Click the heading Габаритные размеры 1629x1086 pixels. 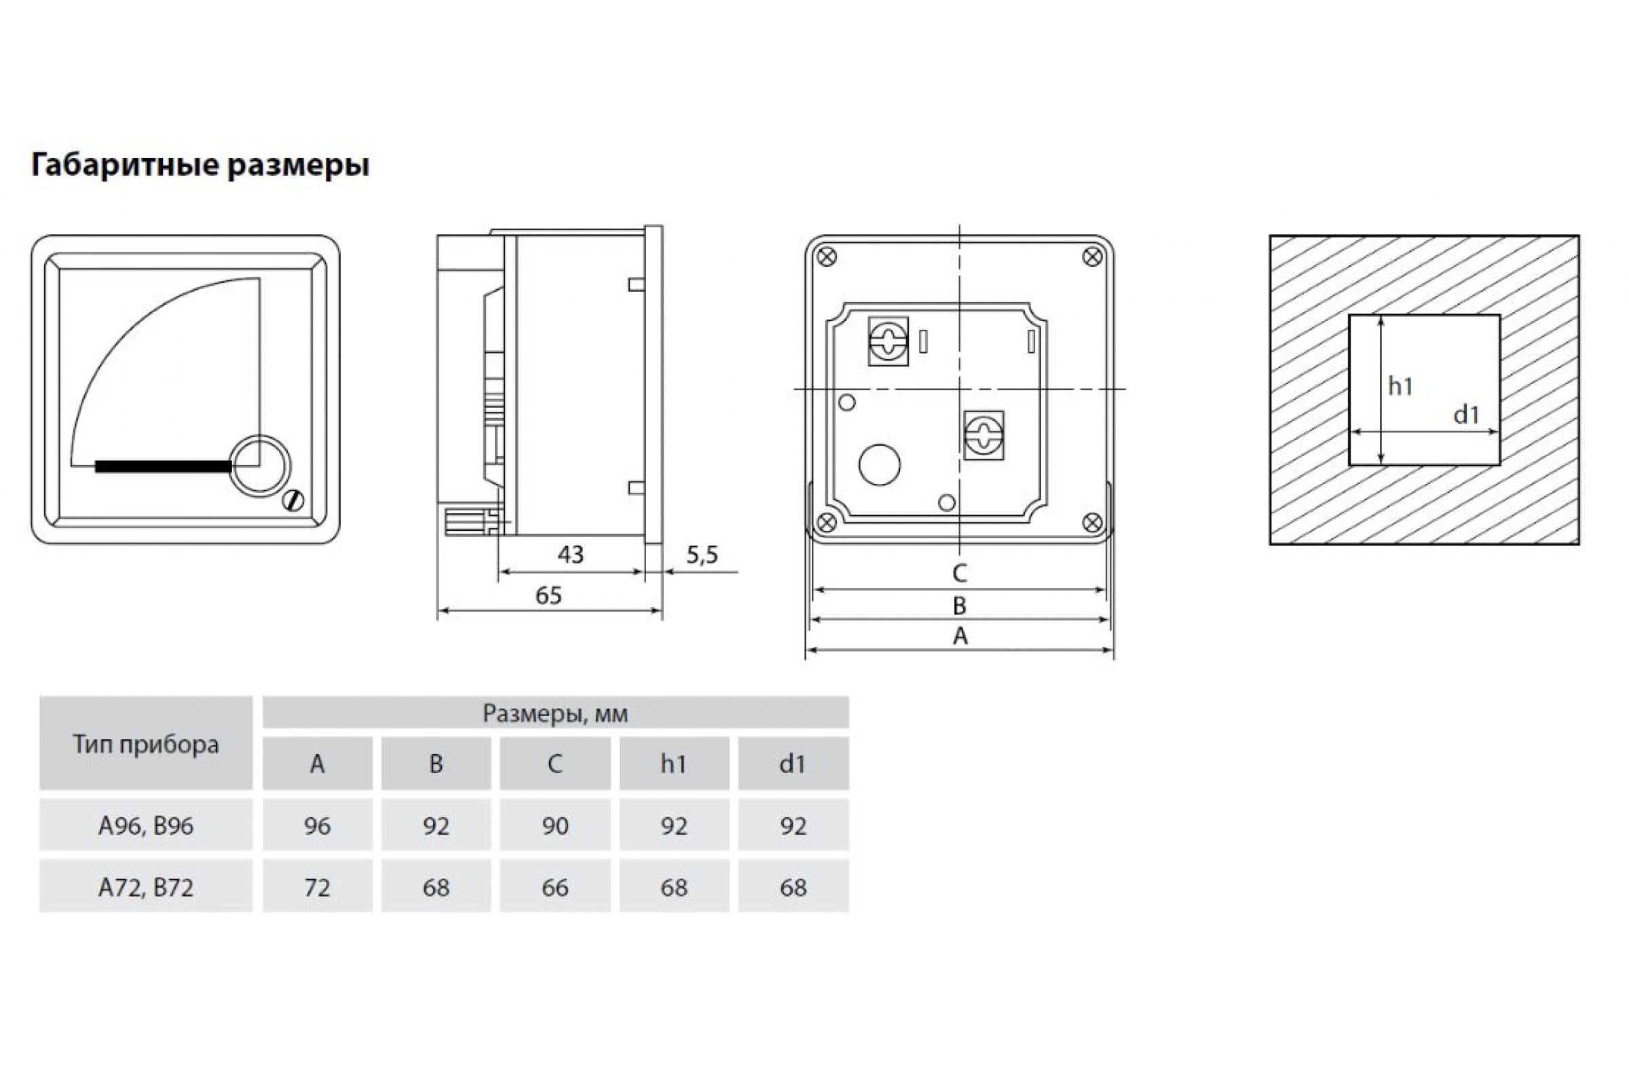[x=200, y=165]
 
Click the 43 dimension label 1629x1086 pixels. [x=571, y=554]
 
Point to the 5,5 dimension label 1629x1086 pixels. [x=703, y=554]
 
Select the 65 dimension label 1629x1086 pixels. [x=548, y=595]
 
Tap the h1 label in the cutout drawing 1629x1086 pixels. [x=1400, y=386]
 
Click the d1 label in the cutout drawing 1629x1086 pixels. [x=1466, y=414]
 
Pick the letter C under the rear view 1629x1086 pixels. [x=959, y=573]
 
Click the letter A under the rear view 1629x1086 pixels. [x=960, y=635]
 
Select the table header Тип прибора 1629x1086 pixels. [x=146, y=745]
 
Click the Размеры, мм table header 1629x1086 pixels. [x=555, y=713]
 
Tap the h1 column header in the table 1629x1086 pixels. [x=674, y=763]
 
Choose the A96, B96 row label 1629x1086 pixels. [x=146, y=825]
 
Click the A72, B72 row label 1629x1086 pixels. [x=146, y=887]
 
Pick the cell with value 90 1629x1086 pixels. [x=555, y=825]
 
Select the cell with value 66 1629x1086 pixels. [x=555, y=887]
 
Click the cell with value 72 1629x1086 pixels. [x=317, y=887]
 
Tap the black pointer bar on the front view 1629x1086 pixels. [x=164, y=466]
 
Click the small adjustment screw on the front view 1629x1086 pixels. [x=294, y=501]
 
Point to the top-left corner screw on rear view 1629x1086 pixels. [x=827, y=257]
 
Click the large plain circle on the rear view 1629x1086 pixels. [x=880, y=464]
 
